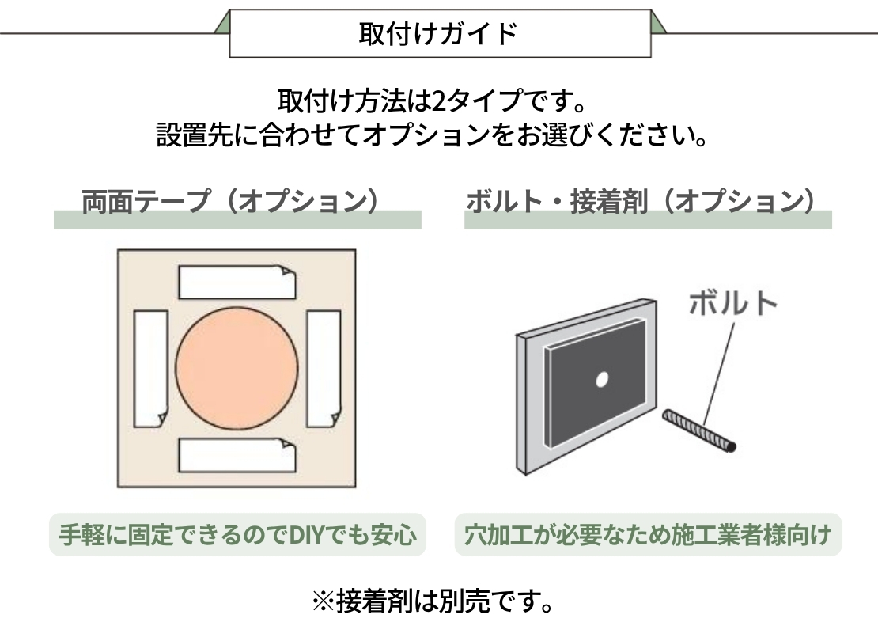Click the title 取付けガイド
tap(440, 34)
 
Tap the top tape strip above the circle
tap(237, 283)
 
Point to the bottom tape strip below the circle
tap(237, 454)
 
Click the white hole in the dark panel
tap(601, 380)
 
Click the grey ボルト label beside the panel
tap(732, 303)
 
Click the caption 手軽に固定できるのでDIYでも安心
tap(238, 536)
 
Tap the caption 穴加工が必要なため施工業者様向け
tap(648, 536)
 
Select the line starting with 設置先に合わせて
tap(432, 135)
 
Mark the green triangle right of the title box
tap(657, 25)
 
